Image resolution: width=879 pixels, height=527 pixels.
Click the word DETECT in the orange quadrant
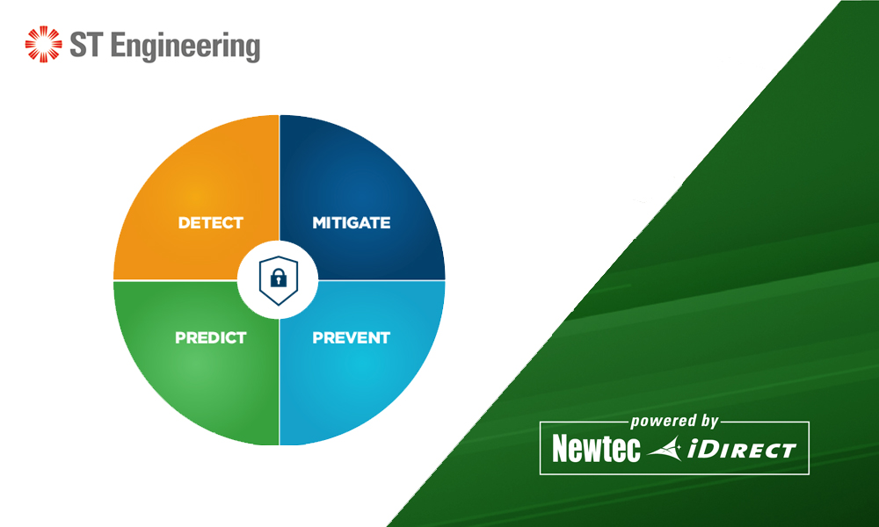210,223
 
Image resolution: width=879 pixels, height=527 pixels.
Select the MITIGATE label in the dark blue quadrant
351,223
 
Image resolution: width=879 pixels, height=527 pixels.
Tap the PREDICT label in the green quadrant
210,337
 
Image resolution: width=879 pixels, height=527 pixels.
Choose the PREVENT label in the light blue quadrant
351,337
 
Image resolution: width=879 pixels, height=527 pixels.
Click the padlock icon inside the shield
279,279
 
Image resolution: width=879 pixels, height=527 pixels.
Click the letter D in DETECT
184,223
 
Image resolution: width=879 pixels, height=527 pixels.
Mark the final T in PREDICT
241,337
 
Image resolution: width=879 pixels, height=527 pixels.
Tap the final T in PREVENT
384,337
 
